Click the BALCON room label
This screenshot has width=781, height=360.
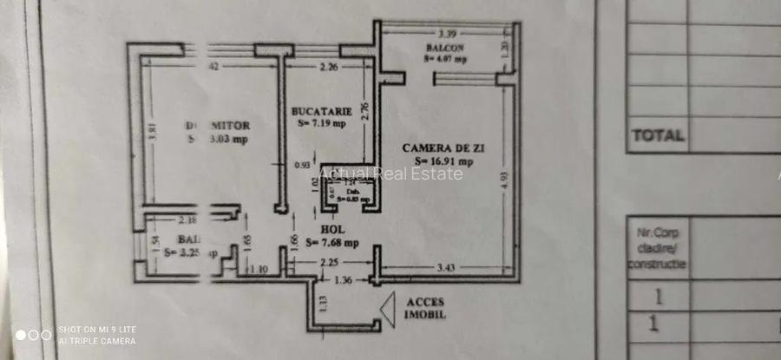[444, 48]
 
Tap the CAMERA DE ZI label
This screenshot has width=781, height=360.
[443, 148]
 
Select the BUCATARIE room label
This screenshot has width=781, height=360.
[322, 111]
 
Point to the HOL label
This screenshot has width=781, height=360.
[332, 230]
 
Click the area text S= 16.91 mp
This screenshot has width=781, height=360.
[443, 160]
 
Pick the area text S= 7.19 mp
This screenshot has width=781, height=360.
[322, 123]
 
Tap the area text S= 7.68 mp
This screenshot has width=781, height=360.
[334, 242]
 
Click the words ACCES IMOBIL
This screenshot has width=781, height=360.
[425, 308]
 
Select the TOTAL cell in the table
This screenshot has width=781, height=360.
[658, 135]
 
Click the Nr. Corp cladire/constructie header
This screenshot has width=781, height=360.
[657, 247]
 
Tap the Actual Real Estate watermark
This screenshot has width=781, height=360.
[390, 173]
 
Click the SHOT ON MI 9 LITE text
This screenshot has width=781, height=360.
[97, 330]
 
